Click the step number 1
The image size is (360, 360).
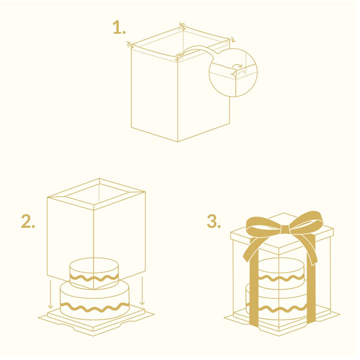(x=119, y=28)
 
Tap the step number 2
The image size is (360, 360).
(x=28, y=221)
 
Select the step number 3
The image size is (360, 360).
(x=214, y=221)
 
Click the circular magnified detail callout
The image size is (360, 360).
(x=233, y=73)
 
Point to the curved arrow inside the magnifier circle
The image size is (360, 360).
(x=237, y=67)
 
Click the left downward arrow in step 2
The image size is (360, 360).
(x=50, y=295)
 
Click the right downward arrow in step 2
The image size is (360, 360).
(x=142, y=290)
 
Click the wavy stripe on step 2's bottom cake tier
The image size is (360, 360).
(x=94, y=308)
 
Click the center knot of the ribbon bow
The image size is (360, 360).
(x=284, y=230)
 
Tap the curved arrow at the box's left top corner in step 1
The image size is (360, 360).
(x=129, y=44)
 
